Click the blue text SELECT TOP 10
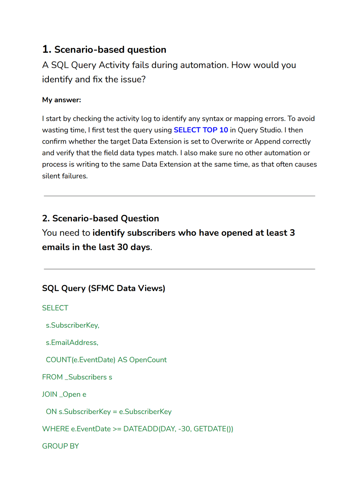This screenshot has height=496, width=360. [x=201, y=130]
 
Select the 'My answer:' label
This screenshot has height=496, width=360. [x=61, y=100]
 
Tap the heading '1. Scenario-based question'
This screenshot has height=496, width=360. [x=104, y=50]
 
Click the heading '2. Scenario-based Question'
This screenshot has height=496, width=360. [x=100, y=218]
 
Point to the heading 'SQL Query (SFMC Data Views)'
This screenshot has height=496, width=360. [x=103, y=288]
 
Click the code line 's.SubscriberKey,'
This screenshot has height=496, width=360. [x=72, y=325]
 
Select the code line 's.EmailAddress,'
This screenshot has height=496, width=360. [x=72, y=343]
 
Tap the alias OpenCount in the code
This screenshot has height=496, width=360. [x=148, y=360]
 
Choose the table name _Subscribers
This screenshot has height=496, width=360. [x=86, y=377]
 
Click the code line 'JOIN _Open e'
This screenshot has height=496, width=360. [x=64, y=394]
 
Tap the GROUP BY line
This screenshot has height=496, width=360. [x=61, y=446]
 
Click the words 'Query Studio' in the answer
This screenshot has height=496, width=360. [x=260, y=130]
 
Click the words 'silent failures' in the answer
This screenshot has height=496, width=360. [x=65, y=176]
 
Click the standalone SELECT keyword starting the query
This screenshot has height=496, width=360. [x=55, y=308]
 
